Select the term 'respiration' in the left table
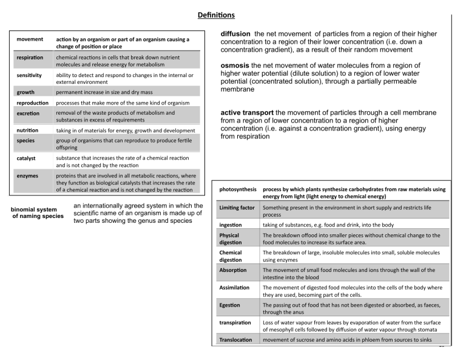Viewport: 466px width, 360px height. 30,58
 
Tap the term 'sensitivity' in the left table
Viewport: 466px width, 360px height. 29,75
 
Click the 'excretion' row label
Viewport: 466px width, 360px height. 28,114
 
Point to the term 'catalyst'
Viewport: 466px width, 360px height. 27,157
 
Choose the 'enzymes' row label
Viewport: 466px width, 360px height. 27,175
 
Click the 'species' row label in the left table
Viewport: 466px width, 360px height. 26,140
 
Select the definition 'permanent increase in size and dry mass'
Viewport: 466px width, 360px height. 106,93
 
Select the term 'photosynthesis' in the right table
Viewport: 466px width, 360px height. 238,189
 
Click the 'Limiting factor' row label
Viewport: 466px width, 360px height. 237,208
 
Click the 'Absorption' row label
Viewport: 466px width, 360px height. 234,269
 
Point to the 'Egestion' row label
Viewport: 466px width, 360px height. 230,305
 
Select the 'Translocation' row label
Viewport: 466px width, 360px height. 236,339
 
